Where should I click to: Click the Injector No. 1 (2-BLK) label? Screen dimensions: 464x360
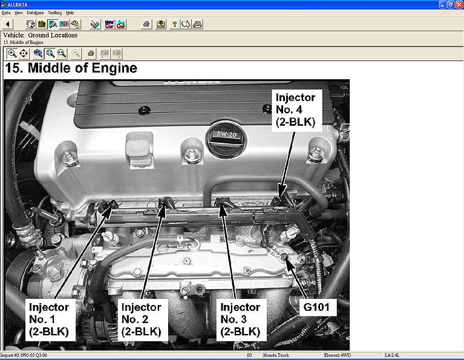(49, 319)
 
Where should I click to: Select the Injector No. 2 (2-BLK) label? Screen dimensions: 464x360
(142, 319)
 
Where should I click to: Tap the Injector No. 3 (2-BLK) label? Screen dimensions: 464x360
(241, 319)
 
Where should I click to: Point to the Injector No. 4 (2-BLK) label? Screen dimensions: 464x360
(296, 110)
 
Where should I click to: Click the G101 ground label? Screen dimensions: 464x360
(316, 307)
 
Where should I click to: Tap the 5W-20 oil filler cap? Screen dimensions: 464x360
(227, 138)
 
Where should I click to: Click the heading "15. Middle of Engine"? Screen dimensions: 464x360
(71, 68)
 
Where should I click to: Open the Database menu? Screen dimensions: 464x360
(35, 13)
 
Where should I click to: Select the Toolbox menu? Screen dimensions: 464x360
(54, 13)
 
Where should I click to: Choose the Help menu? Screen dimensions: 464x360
(70, 13)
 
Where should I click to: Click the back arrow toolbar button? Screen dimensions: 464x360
(8, 24)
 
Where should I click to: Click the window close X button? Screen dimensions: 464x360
(459, 4)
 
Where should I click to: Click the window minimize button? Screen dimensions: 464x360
(442, 4)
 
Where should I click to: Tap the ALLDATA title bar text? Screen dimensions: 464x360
(18, 5)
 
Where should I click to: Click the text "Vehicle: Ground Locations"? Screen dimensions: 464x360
(41, 35)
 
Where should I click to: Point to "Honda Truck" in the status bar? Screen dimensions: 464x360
(276, 355)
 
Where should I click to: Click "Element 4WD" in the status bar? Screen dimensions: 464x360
(338, 355)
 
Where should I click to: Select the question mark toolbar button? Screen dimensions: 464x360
(175, 24)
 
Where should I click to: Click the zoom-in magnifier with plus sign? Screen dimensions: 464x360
(12, 54)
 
